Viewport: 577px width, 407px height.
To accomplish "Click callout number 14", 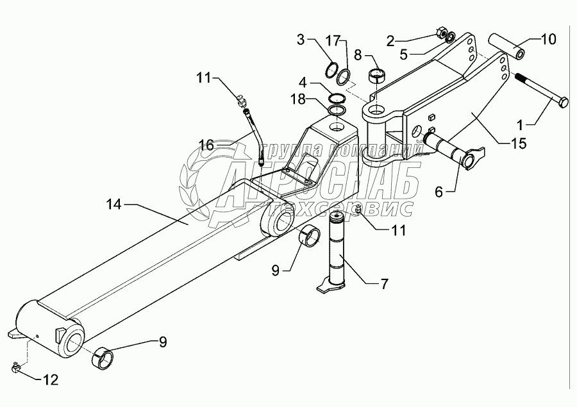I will coord(113,204).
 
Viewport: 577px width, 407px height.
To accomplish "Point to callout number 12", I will coord(50,379).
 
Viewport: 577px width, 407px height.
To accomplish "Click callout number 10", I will coord(549,39).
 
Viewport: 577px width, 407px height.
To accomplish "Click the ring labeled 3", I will coord(332,69).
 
